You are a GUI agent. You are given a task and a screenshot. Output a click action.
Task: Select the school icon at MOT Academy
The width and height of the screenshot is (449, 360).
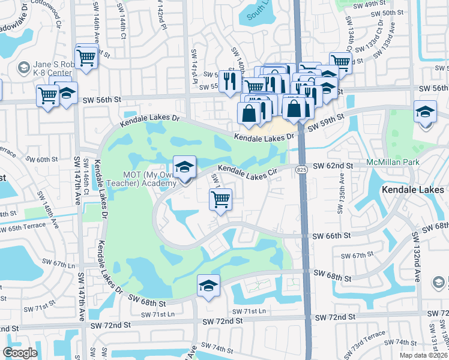(x=184, y=167)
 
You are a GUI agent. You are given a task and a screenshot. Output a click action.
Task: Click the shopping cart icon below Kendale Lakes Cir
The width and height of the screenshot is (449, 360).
(x=221, y=199)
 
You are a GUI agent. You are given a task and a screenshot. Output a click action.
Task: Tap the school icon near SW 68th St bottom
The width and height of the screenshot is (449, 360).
(x=208, y=286)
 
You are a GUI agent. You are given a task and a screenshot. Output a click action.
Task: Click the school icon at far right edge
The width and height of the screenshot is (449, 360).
(x=425, y=112)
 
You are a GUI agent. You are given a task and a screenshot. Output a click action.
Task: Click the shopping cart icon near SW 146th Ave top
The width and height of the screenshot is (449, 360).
(x=86, y=58)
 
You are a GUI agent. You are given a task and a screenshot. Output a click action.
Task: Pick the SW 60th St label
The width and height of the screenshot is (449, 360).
(x=47, y=160)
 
